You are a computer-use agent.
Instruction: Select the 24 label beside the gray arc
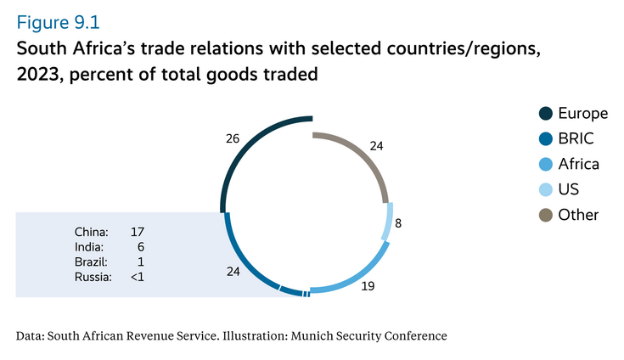coord(376,146)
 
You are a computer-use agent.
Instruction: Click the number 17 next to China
coord(138,231)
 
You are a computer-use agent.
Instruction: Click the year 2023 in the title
coord(38,76)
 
